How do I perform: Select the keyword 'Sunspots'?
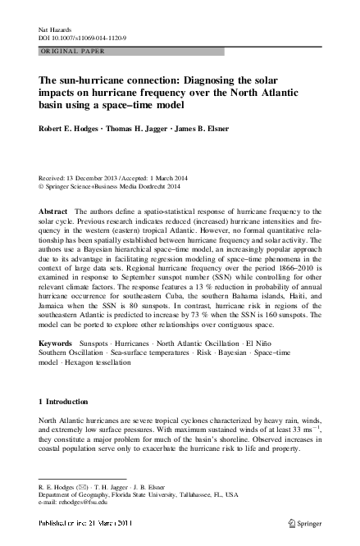98,339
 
